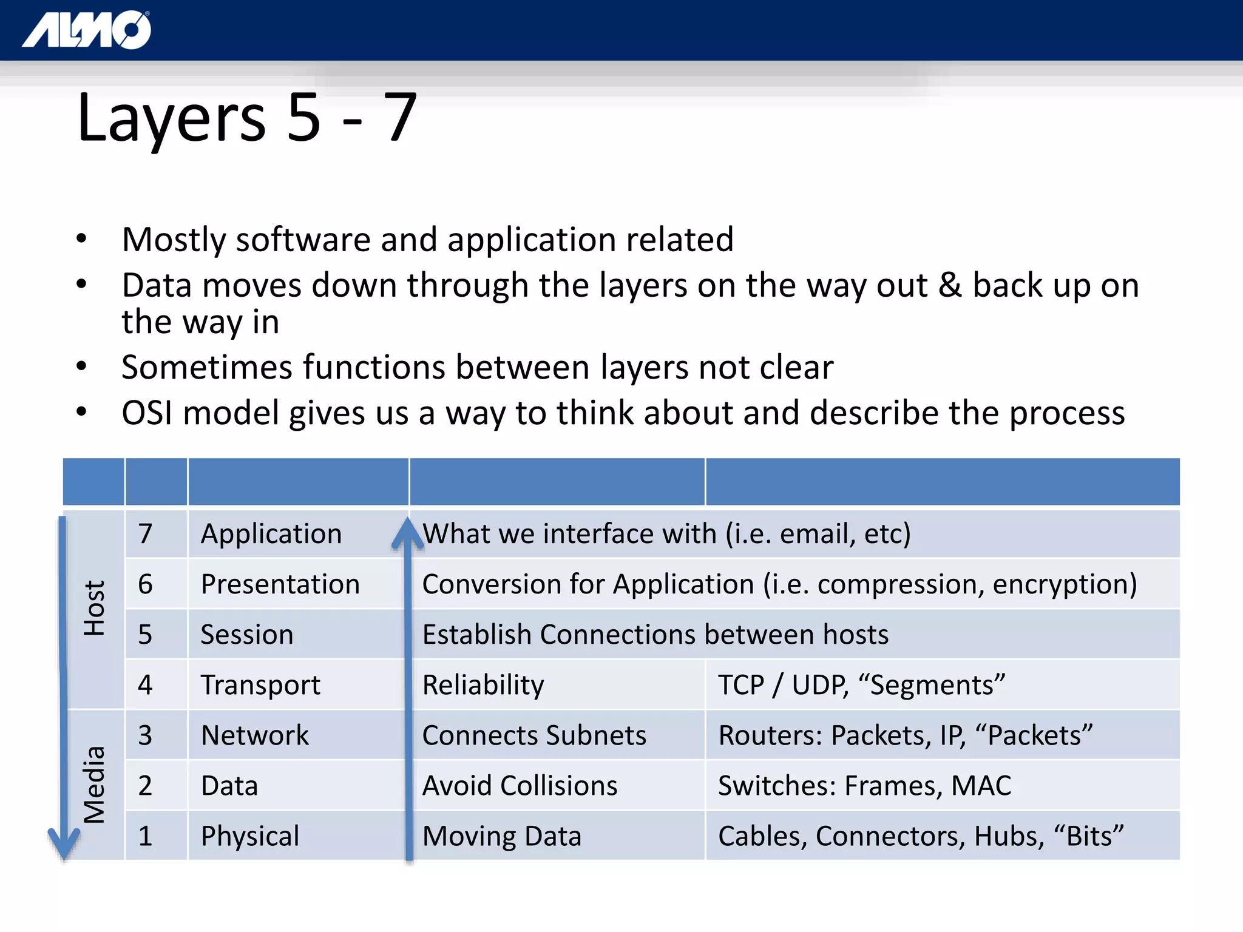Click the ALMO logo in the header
(87, 30)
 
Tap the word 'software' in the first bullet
(303, 240)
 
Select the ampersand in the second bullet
(950, 285)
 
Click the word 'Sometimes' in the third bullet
(207, 368)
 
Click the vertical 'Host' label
(95, 608)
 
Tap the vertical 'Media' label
(95, 784)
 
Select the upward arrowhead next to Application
(408, 533)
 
